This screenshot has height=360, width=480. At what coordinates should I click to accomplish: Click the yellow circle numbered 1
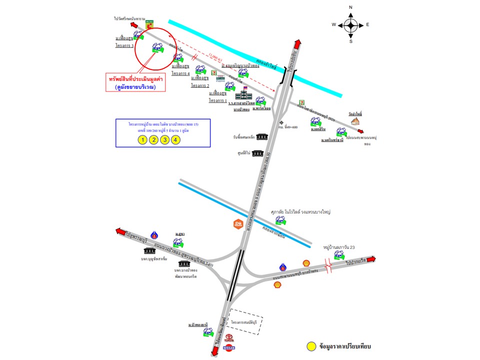tap(142, 139)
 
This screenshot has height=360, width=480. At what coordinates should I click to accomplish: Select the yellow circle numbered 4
tap(175, 139)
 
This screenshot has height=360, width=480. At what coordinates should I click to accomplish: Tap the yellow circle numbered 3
tap(164, 139)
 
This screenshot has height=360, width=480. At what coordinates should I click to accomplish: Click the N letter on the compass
tap(350, 7)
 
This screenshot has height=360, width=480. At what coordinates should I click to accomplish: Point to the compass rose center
tap(350, 24)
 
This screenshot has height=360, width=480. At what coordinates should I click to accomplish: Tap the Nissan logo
tap(228, 348)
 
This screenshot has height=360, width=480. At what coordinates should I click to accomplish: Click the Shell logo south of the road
tap(276, 284)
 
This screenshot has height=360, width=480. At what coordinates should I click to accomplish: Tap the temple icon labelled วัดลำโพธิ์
tap(355, 121)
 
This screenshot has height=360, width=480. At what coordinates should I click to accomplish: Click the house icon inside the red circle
tap(157, 48)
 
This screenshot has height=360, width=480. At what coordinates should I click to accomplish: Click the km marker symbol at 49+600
tap(281, 123)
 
